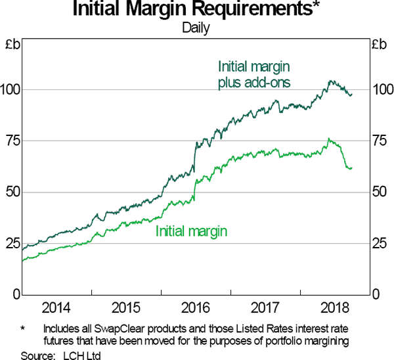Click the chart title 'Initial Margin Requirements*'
197,11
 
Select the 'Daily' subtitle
197,29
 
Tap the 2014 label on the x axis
55,307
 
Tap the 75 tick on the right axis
382,141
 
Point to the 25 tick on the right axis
382,244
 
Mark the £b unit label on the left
12,45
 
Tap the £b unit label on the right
382,45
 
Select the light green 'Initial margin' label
192,231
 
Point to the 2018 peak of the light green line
328,139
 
